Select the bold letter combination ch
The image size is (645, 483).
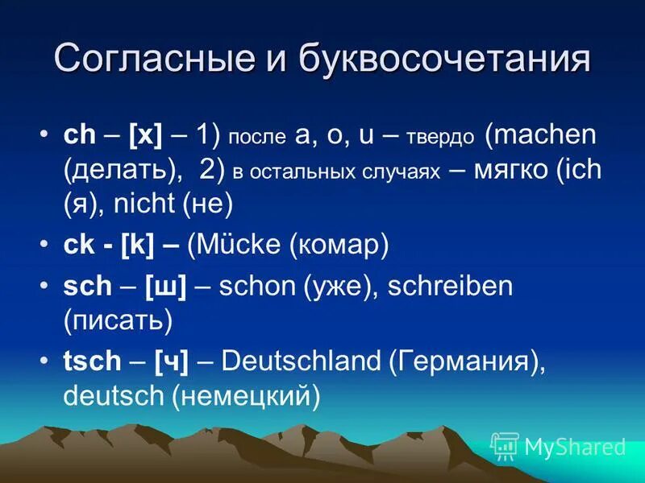pos(79,135)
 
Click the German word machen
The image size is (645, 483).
pos(545,135)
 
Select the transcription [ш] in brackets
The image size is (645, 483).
pos(166,287)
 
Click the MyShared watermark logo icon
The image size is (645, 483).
pos(505,445)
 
